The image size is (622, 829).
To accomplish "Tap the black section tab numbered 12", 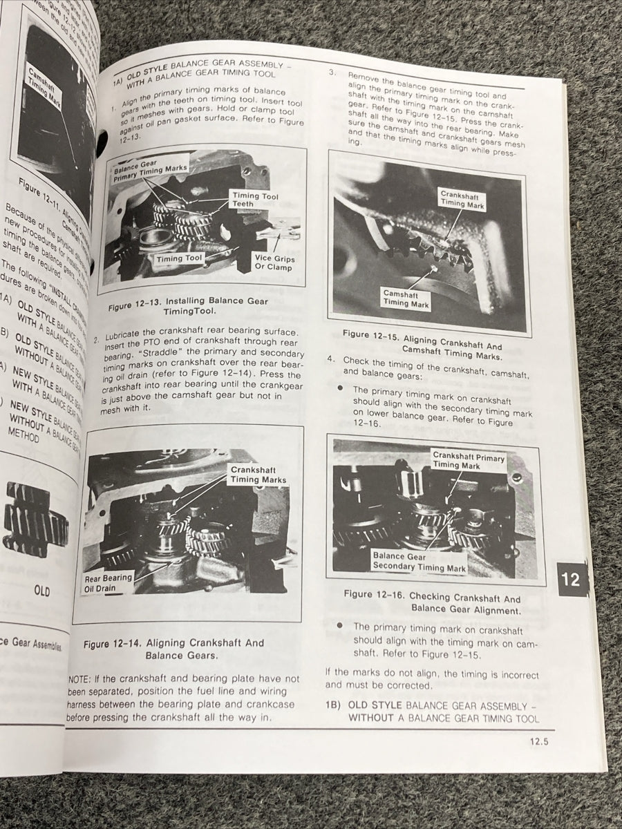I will pyautogui.click(x=571, y=580).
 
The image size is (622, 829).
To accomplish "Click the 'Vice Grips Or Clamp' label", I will pyautogui.click(x=274, y=263).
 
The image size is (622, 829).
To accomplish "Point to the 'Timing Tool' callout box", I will pyautogui.click(x=179, y=260).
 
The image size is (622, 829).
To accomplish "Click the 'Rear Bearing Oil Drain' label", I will pyautogui.click(x=109, y=584).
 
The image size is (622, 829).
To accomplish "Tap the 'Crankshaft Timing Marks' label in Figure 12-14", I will pyautogui.click(x=258, y=475).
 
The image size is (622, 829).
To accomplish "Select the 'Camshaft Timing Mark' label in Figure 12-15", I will pyautogui.click(x=406, y=298).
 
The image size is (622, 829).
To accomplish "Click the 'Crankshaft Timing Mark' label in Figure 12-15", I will pyautogui.click(x=462, y=200).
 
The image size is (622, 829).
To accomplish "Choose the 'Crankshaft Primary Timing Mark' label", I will pyautogui.click(x=469, y=461).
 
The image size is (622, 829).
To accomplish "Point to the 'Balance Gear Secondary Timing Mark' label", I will pyautogui.click(x=419, y=562).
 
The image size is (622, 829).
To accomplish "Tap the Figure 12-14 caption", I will pyautogui.click(x=173, y=649).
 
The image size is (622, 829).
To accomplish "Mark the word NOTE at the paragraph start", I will pyautogui.click(x=82, y=679).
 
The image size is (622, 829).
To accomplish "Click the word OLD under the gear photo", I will pyautogui.click(x=41, y=591).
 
